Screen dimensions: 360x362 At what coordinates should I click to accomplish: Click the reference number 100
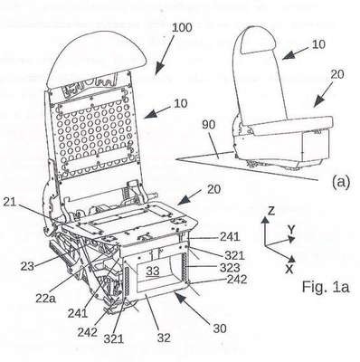point(182,27)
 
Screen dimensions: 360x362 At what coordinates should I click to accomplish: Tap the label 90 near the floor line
point(209,125)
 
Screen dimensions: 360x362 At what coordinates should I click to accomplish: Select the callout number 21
point(10,202)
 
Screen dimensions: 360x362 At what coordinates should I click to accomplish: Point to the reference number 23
point(27,266)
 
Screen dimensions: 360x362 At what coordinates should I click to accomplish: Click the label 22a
point(45,298)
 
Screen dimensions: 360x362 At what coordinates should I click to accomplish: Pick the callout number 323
point(230,268)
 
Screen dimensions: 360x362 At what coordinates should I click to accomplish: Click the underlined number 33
point(153,271)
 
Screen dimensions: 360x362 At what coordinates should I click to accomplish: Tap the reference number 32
point(164,338)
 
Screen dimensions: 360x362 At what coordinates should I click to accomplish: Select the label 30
point(220,329)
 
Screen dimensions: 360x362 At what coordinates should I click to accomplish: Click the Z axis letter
point(271,211)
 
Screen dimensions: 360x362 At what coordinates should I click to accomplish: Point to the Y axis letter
point(291,230)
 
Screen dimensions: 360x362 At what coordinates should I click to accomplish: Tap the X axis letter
point(289,269)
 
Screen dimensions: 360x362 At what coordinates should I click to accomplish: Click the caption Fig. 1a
point(326,287)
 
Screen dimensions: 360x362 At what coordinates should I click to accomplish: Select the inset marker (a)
point(341,182)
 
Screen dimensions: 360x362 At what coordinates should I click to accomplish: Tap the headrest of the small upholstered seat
point(259,40)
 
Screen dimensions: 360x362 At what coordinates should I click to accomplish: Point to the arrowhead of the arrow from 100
point(158,69)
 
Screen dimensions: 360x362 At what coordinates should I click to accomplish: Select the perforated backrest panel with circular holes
point(95,134)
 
